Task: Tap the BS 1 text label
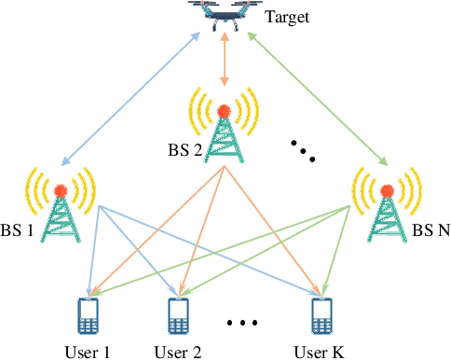click(x=18, y=228)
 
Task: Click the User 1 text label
click(x=87, y=351)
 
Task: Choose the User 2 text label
click(x=177, y=351)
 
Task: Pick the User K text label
click(x=320, y=351)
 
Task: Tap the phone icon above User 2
click(x=177, y=316)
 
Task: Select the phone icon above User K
click(x=321, y=316)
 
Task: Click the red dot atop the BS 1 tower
click(x=61, y=191)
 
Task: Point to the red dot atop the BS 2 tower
click(x=224, y=111)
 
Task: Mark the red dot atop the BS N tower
click(x=385, y=191)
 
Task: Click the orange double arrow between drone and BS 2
click(x=223, y=64)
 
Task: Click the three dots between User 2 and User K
click(x=241, y=324)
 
